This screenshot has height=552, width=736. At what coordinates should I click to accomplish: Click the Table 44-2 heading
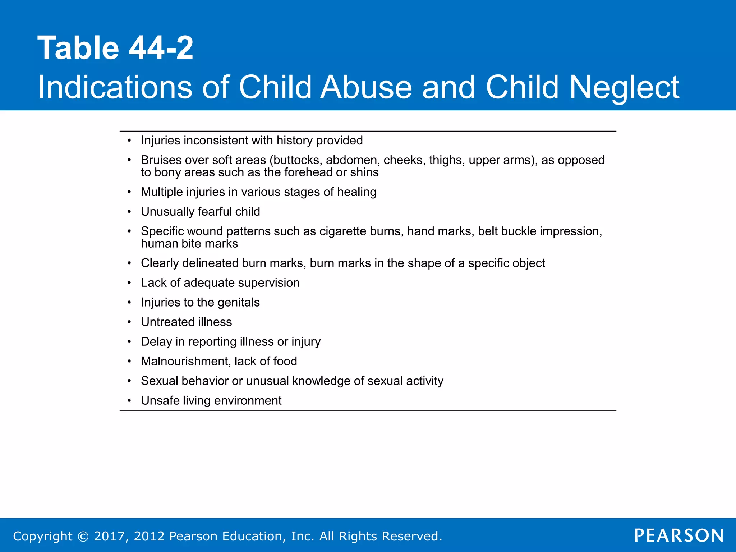(x=115, y=48)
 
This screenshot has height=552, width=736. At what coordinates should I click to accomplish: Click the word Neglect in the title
(x=624, y=87)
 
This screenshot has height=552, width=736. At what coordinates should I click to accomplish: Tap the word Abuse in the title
(x=366, y=87)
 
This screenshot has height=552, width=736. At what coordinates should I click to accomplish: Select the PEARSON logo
(x=679, y=535)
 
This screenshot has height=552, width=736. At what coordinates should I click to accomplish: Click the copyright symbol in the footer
(x=83, y=536)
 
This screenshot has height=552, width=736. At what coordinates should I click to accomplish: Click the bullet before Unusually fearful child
(x=129, y=212)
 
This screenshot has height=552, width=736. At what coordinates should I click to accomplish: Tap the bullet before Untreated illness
(x=129, y=322)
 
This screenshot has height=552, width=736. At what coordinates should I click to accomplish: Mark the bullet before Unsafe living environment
(x=129, y=401)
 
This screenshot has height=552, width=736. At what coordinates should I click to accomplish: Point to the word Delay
(x=156, y=341)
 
